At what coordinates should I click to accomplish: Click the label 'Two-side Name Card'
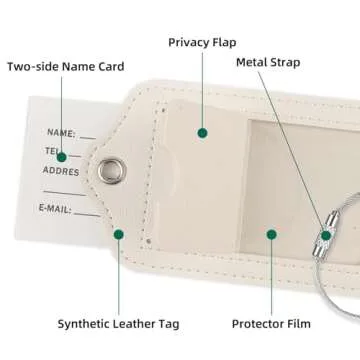[x=65, y=67]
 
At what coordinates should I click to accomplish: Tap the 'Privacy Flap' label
[x=202, y=42]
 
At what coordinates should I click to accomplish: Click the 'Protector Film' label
[x=270, y=323]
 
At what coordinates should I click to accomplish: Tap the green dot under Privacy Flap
[x=202, y=132]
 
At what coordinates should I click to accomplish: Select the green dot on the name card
[x=62, y=156]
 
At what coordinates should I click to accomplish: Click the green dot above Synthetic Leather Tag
[x=118, y=234]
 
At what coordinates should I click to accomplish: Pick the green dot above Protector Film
[x=270, y=234]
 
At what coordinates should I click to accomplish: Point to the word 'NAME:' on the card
[x=61, y=132]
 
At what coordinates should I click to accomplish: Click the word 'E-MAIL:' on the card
[x=57, y=208]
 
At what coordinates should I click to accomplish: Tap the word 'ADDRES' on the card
[x=61, y=171]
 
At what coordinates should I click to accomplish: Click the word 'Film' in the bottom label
[x=298, y=323]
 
